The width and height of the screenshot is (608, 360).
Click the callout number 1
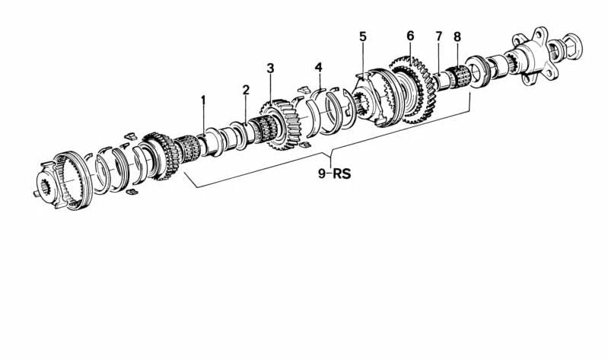coord(203,99)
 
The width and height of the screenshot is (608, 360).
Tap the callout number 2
coord(246,90)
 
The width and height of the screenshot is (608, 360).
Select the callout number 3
coord(270,68)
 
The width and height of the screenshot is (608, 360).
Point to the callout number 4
coord(318,68)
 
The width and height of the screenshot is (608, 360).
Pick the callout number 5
coord(362,37)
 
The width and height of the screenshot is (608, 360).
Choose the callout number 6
coord(410,35)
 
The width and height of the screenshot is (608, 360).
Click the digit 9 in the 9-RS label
coord(322,173)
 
